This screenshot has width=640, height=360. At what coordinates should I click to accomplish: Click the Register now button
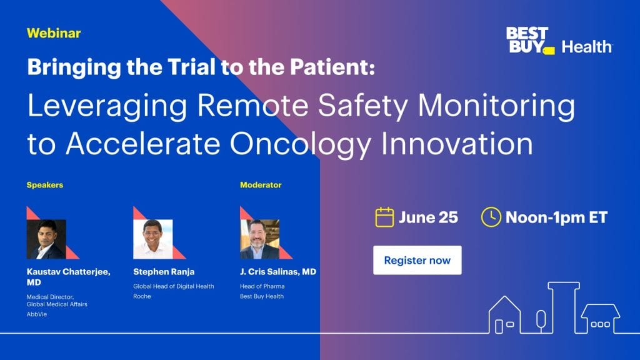(417, 260)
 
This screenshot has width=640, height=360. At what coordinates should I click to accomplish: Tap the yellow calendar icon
(384, 217)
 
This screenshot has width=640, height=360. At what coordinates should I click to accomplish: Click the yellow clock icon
(491, 217)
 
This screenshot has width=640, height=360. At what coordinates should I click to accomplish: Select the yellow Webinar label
(54, 33)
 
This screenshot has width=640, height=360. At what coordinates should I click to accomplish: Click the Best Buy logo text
(526, 39)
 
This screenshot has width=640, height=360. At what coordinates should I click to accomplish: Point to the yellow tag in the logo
(549, 51)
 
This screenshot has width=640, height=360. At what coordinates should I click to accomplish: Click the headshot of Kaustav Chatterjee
(46, 239)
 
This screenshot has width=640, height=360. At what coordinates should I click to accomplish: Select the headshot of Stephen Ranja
(152, 239)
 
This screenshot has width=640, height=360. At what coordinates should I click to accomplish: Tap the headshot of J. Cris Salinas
(259, 239)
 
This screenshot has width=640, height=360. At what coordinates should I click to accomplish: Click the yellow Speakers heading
(45, 185)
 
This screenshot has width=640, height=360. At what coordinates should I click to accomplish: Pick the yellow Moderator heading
(261, 185)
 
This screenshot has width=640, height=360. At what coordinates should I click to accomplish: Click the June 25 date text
(428, 217)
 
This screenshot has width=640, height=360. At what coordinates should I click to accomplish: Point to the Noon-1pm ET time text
(556, 217)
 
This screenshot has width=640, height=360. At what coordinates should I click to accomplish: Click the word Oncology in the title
(301, 144)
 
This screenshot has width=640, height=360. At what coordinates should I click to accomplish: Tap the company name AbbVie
(37, 314)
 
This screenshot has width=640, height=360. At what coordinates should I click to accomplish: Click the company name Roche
(142, 296)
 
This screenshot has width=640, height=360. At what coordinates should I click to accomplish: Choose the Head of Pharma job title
(262, 286)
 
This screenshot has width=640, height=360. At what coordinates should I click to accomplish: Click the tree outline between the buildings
(541, 319)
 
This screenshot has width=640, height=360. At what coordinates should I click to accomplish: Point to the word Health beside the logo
(586, 47)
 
